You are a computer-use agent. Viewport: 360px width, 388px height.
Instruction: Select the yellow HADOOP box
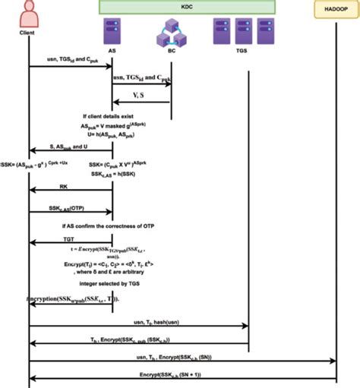(336, 8)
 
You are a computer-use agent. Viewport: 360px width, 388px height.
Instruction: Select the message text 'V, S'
(141, 96)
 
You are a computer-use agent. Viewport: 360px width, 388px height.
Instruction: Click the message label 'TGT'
(69, 238)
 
